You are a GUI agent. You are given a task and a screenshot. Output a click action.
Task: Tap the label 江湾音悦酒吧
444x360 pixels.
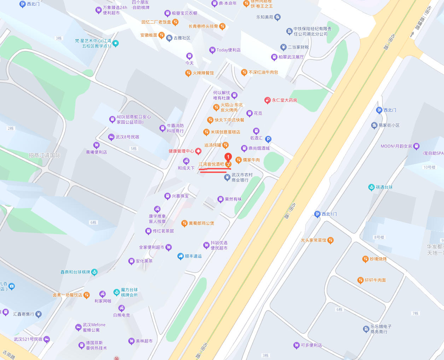pos(211,164)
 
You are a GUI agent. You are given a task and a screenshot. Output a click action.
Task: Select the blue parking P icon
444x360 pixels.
pos(268,139)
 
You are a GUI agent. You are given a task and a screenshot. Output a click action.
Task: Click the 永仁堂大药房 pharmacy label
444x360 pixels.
pos(284,100)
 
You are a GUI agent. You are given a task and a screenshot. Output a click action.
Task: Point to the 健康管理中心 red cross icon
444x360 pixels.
pos(198,151)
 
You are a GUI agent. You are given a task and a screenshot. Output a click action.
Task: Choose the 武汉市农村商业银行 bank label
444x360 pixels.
pos(242,177)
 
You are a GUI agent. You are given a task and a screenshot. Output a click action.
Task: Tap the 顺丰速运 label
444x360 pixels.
pos(193,256)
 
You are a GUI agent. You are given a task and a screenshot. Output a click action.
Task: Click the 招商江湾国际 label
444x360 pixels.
pos(45,155)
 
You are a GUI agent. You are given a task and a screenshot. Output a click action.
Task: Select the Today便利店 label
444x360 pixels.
pos(228,50)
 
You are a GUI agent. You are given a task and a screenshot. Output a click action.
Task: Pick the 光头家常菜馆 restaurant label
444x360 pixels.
pos(313,240)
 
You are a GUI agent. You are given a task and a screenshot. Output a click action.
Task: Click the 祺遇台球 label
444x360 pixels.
pos(384,187)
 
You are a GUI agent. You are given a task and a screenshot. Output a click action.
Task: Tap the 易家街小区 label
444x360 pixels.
pos(389,125)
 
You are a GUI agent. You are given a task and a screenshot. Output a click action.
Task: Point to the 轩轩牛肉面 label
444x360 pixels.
pos(375,280)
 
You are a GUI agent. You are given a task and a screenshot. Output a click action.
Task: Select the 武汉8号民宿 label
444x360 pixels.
pos(127,137)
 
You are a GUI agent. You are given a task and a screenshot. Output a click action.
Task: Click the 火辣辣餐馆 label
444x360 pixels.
pos(203,73)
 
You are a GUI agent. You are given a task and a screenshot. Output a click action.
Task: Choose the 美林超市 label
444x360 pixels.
pos(144,341)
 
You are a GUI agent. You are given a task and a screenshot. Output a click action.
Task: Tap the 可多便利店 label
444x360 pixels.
pos(311,345)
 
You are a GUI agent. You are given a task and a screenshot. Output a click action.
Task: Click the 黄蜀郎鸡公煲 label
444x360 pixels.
pos(201,223)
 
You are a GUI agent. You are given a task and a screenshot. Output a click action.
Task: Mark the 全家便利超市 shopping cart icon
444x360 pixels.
pos(169,247)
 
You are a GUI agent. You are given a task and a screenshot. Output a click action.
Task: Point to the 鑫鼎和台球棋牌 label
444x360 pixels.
pos(75,272)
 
